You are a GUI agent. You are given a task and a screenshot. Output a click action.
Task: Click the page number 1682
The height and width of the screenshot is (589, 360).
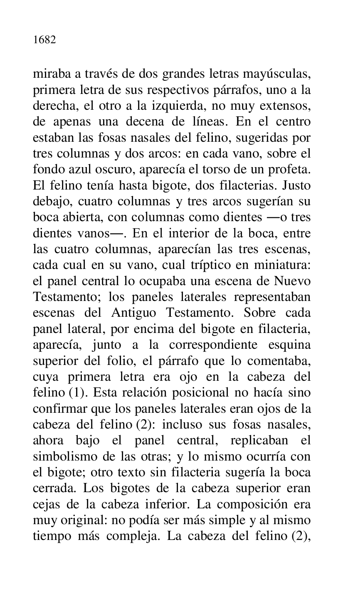44,41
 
